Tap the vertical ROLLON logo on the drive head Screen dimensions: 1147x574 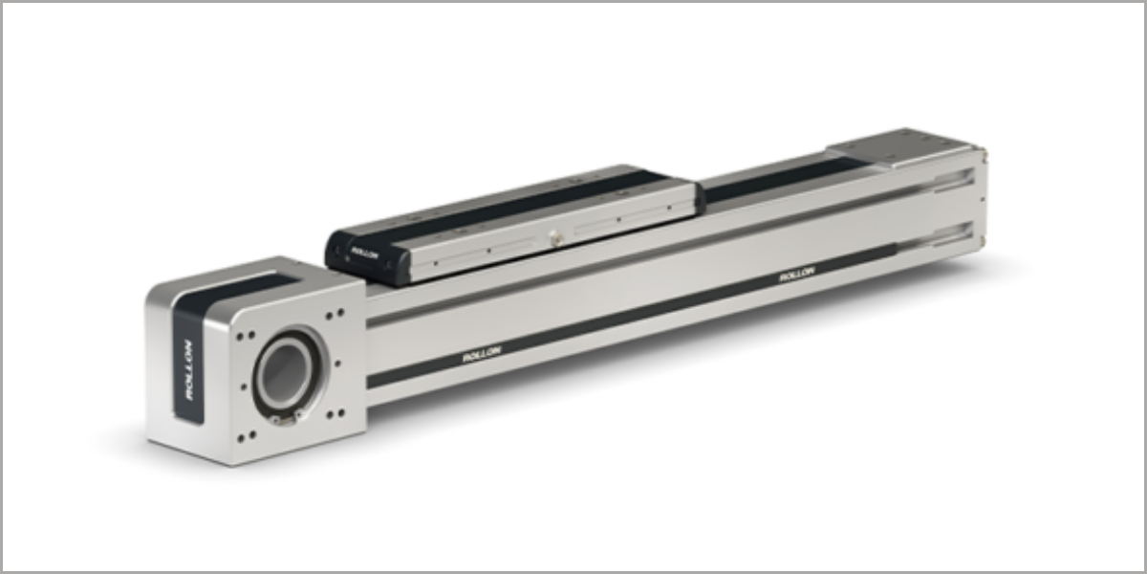coord(188,370)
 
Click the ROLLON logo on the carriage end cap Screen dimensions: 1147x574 coord(364,254)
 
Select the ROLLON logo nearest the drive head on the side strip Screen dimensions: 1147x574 coord(482,354)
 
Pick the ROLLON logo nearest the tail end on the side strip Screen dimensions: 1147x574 coord(797,274)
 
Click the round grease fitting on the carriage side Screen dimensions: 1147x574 coord(554,236)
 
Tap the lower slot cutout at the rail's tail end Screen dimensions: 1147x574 coord(953,234)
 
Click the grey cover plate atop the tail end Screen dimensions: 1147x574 coord(901,147)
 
